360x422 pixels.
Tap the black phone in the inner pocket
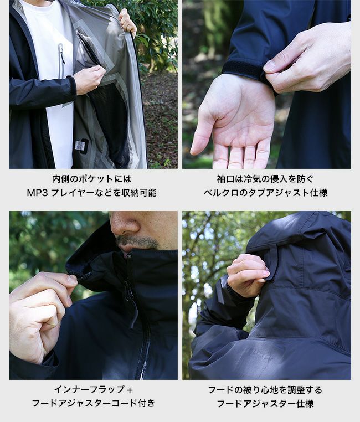[x=88, y=49]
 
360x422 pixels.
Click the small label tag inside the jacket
[x=80, y=145]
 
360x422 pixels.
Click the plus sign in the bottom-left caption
[x=130, y=390]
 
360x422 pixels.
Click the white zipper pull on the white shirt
[x=62, y=54]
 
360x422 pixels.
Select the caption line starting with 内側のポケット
[x=91, y=179]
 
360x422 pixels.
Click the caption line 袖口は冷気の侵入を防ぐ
[x=265, y=179]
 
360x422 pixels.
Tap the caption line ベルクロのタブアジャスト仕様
[x=265, y=193]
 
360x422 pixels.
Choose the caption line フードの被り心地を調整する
[x=265, y=390]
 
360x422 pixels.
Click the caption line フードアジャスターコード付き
[x=94, y=403]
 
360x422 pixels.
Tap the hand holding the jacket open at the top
[x=127, y=22]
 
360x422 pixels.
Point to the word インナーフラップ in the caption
[x=89, y=389]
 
